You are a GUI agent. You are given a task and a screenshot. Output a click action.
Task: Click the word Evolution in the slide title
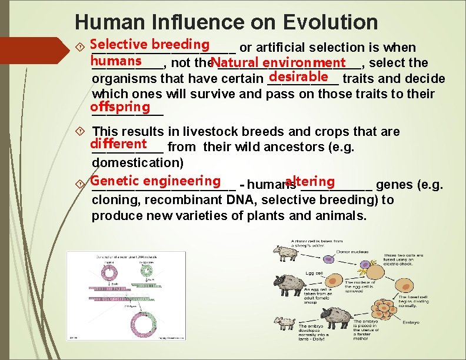pos(329,22)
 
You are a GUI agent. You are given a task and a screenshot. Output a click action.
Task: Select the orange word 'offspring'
pos(120,107)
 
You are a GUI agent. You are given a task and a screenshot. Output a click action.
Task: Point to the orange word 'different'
pos(118,144)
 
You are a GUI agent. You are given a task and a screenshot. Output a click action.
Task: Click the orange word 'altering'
pos(309,182)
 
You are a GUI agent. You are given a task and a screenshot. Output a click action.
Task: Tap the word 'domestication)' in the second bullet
pos(138,162)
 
